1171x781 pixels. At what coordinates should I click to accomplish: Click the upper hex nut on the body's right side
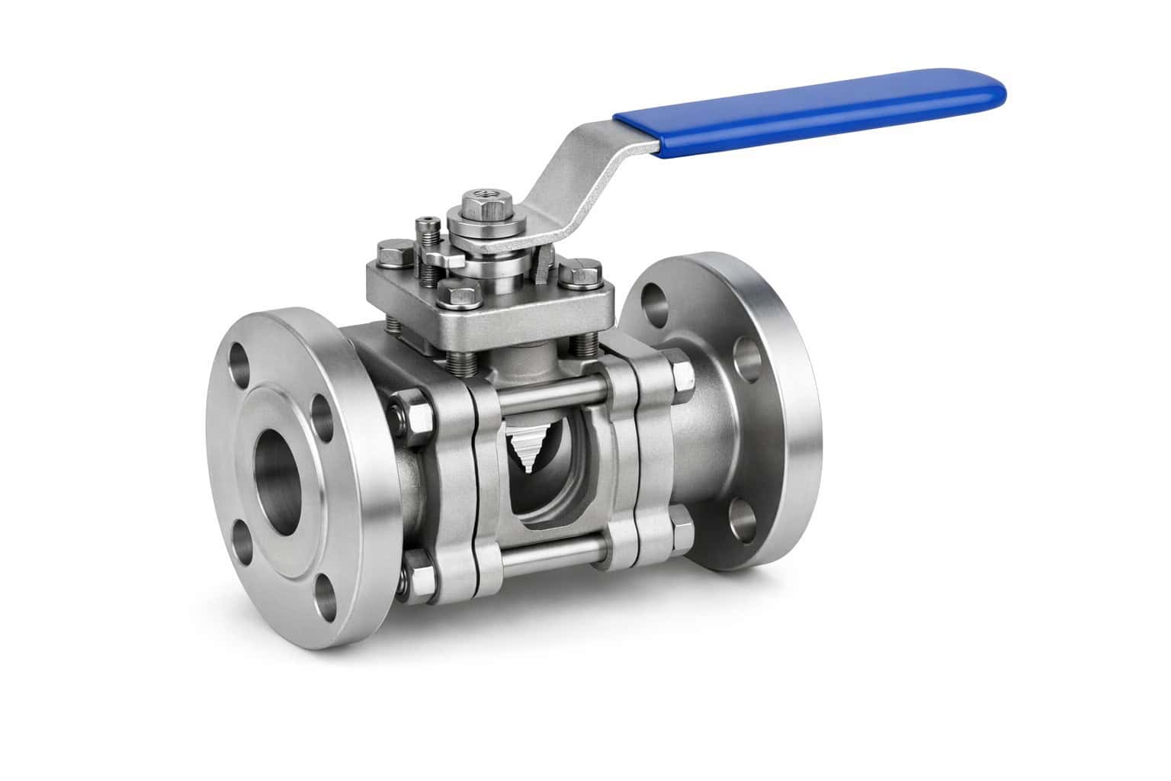click(678, 372)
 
